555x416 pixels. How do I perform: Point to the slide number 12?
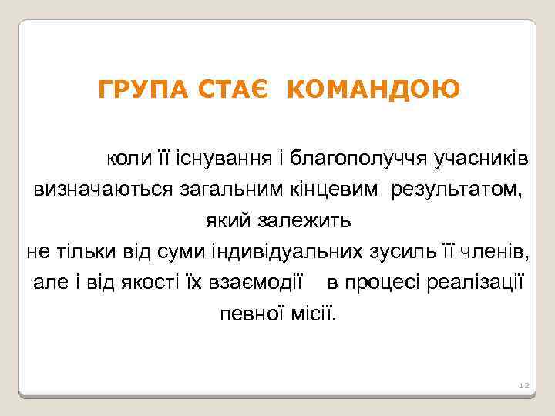coord(522,384)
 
